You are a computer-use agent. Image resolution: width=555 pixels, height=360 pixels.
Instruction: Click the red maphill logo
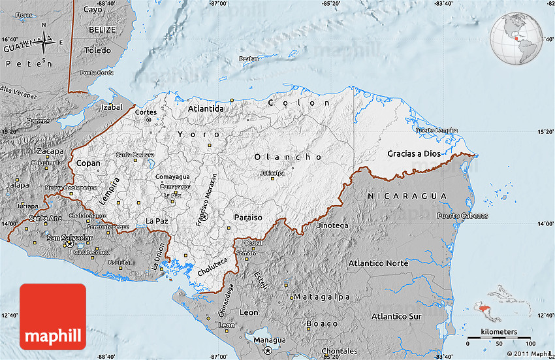[53, 317]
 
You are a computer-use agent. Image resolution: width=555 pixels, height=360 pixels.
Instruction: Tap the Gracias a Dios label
[413, 154]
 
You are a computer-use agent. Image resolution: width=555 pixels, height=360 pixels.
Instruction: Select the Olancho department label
[288, 157]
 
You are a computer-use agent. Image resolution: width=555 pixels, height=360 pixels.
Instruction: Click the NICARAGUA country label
[407, 196]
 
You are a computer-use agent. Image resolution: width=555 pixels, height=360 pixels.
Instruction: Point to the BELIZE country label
[102, 30]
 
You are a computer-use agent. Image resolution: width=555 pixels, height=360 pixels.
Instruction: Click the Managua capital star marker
[267, 350]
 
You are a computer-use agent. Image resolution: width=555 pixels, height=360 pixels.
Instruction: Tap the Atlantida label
[206, 108]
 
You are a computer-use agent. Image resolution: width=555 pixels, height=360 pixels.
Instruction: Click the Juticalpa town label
[272, 173]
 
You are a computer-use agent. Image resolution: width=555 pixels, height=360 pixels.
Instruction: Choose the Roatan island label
[249, 59]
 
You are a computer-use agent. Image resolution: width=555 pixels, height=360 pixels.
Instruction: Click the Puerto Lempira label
[437, 130]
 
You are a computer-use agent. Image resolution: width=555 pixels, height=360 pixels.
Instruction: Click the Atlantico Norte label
[378, 263]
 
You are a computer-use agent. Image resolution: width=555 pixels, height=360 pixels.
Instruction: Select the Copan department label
[88, 163]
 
